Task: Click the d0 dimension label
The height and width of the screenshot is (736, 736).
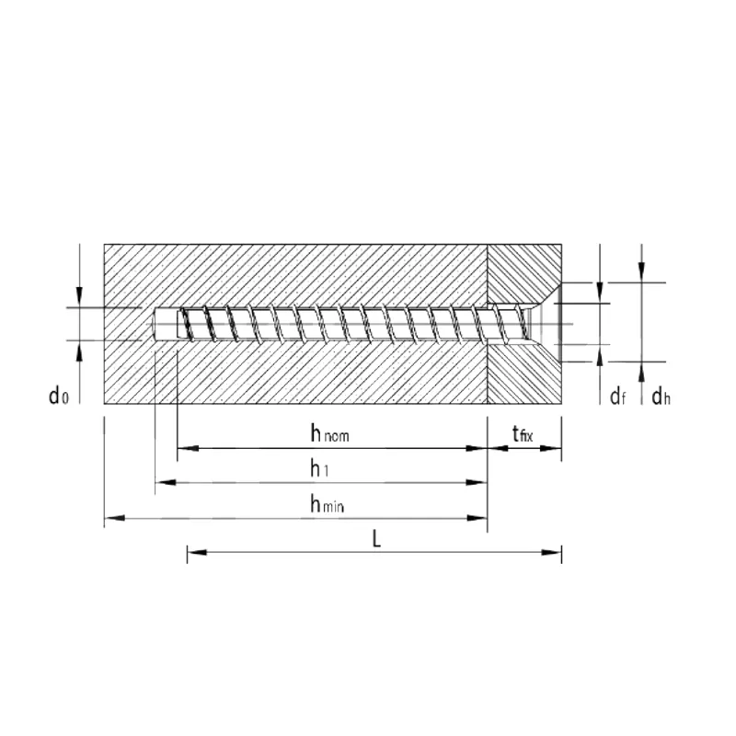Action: point(59,396)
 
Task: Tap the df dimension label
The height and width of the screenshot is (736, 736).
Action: point(617,397)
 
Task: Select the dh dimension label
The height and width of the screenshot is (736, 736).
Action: point(661,397)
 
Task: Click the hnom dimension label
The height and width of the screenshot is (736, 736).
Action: point(330,432)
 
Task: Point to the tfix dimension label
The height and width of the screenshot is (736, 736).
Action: point(523,433)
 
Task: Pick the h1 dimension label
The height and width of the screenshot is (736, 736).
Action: point(319,468)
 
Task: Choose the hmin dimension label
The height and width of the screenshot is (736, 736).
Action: point(328,503)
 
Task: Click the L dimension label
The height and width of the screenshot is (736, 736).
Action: point(376,539)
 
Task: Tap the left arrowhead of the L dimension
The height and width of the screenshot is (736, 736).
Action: point(197,552)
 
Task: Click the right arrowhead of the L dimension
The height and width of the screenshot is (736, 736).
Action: point(551,552)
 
